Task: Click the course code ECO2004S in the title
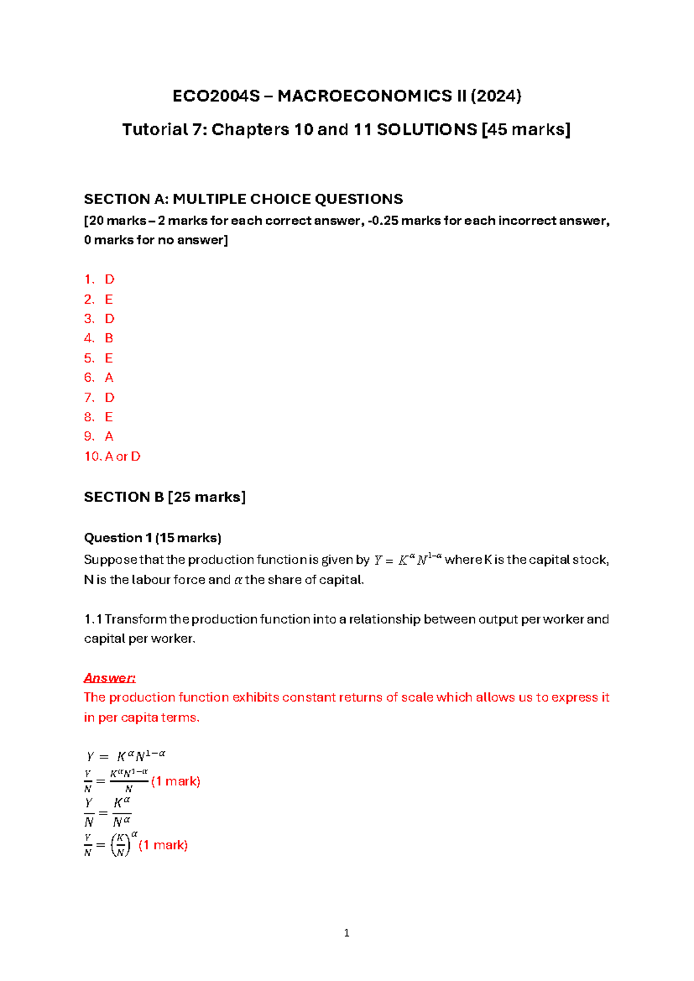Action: tap(216, 96)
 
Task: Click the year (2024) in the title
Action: tap(496, 96)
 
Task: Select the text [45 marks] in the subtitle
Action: tap(526, 130)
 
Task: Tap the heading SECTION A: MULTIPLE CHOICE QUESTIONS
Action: tap(243, 200)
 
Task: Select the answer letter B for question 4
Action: tap(109, 338)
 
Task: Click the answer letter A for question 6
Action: tap(109, 378)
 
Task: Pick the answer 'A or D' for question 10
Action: tap(123, 456)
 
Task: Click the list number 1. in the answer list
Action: tap(89, 280)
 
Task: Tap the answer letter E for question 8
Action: tap(109, 417)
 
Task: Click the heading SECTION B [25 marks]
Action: tap(165, 497)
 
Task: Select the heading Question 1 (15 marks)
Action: tap(153, 538)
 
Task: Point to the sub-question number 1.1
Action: tap(93, 619)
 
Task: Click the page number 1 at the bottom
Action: tap(346, 933)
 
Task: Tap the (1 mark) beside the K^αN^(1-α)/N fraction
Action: tap(175, 781)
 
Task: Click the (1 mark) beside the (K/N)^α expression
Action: tap(163, 845)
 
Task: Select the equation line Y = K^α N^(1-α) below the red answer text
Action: tap(126, 756)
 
